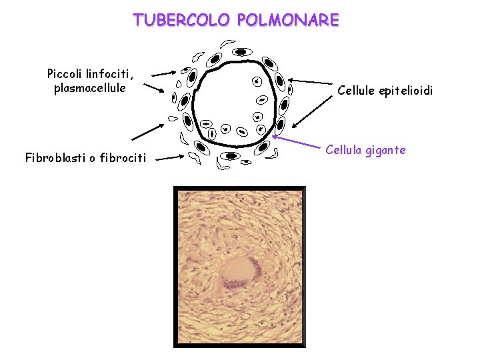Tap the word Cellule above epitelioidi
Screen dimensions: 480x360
(x=358, y=89)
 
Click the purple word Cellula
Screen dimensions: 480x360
(x=343, y=150)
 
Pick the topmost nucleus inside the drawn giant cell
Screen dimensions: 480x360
(x=256, y=81)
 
